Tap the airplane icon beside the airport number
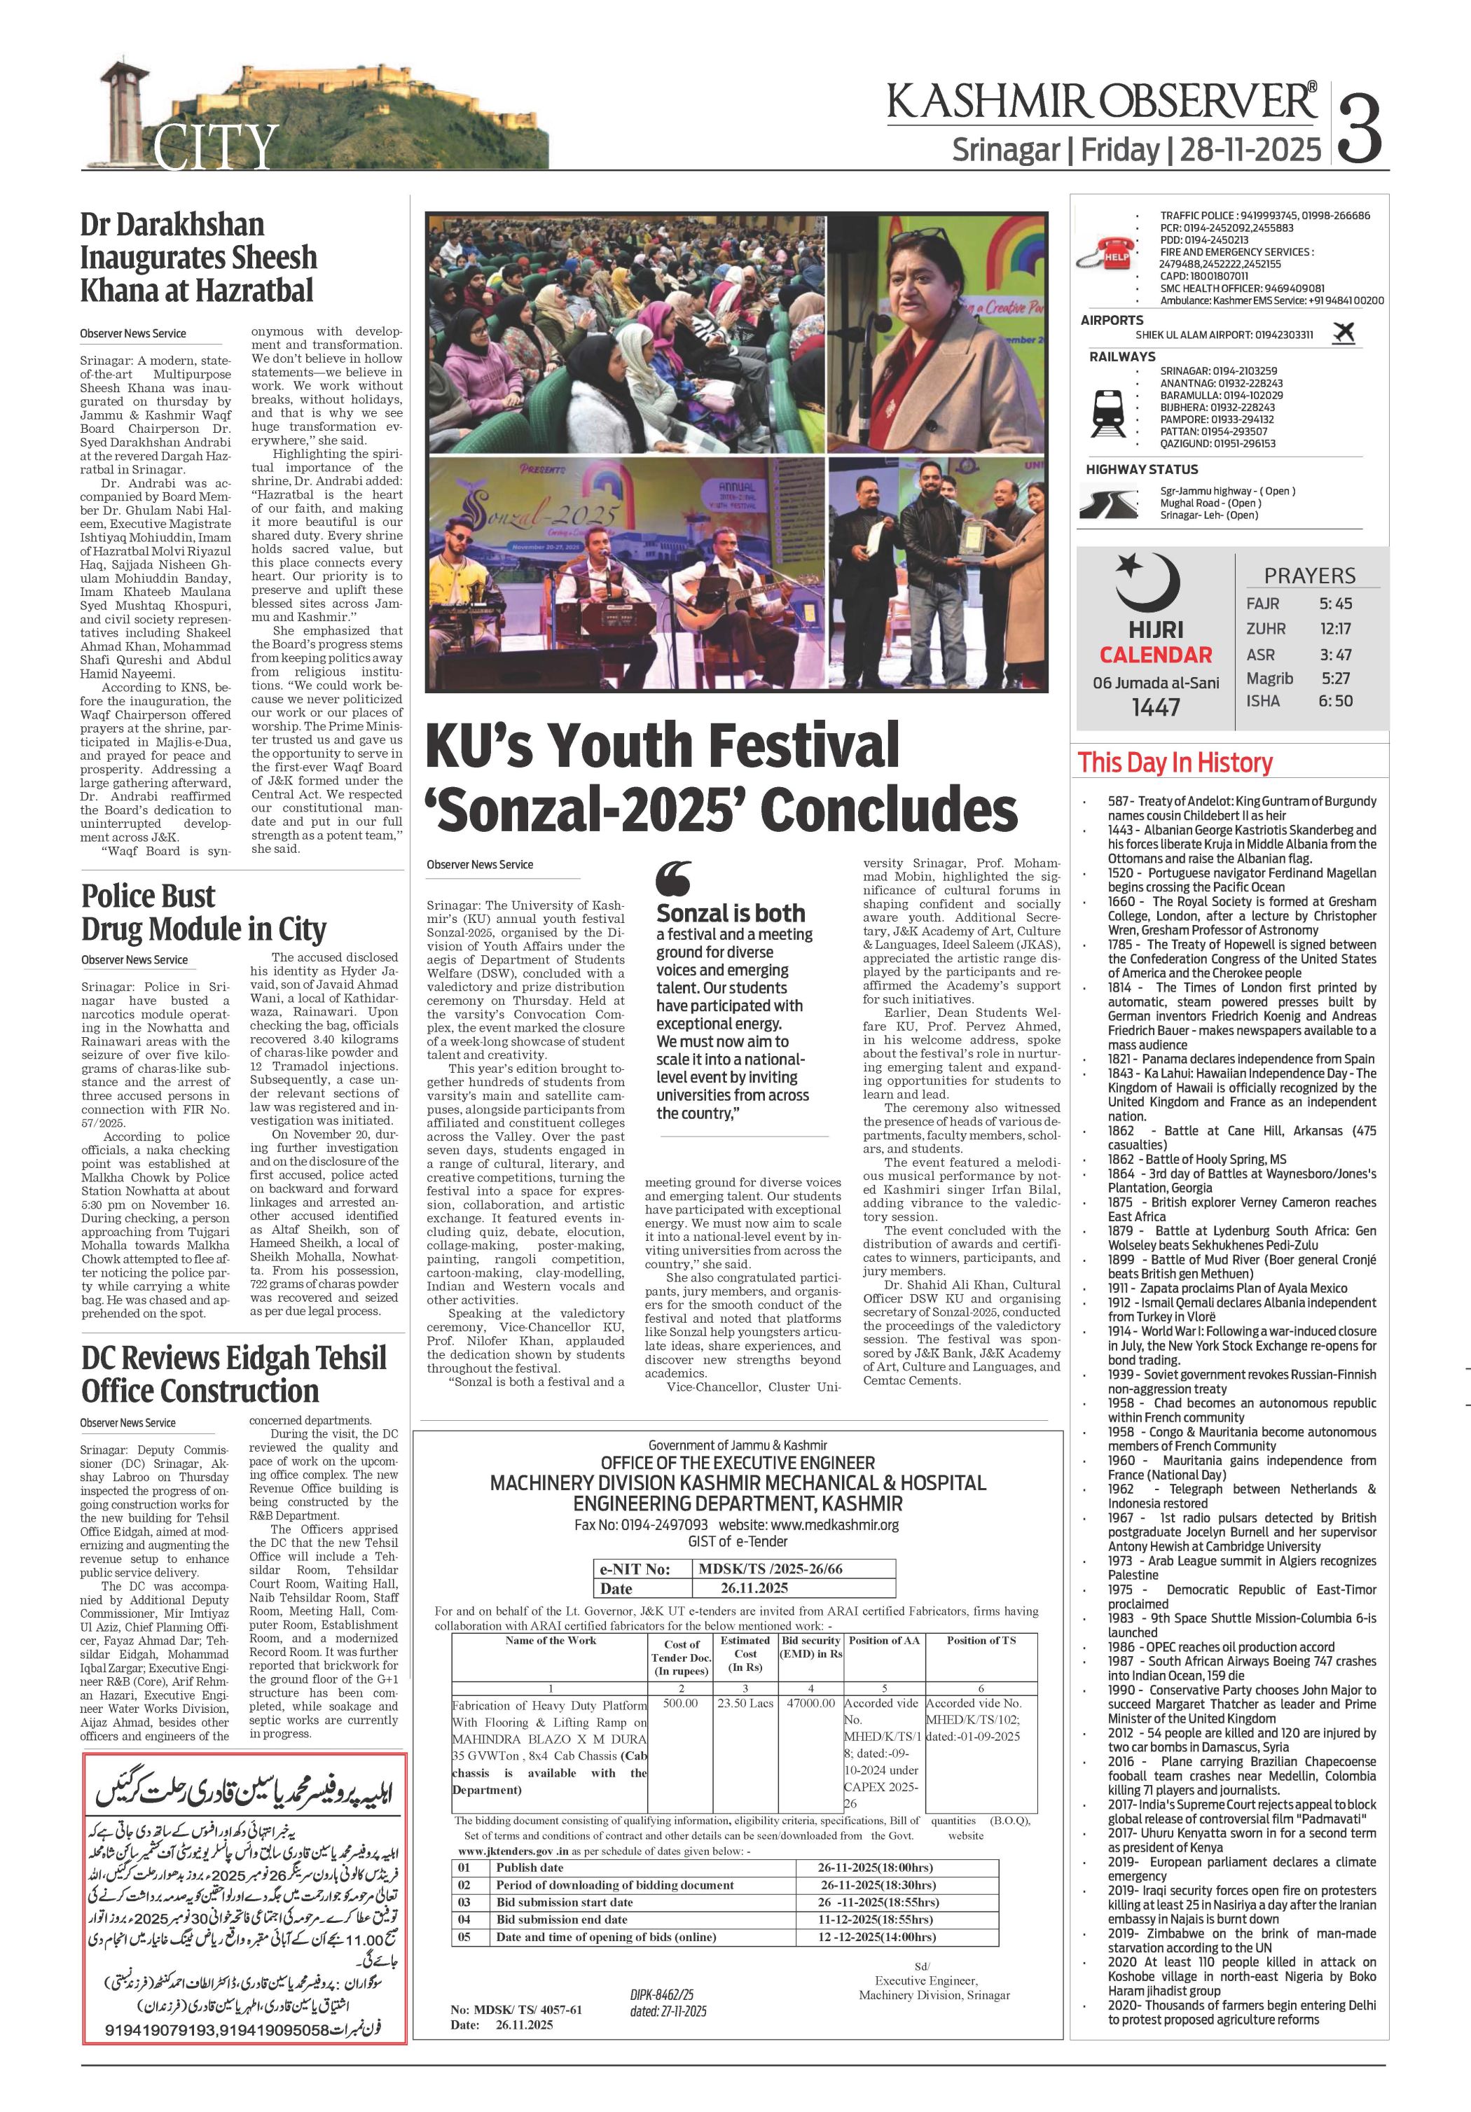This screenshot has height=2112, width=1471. (1343, 333)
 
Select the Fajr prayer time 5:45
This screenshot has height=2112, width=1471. (1335, 604)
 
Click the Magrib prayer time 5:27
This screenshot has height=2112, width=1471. (1335, 678)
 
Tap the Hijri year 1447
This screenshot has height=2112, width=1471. (1156, 707)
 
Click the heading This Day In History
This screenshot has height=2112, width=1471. (1175, 763)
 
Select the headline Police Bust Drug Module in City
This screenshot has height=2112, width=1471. (203, 912)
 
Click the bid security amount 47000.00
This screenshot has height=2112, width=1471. (810, 1702)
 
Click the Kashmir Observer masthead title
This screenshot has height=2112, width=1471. (1100, 101)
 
